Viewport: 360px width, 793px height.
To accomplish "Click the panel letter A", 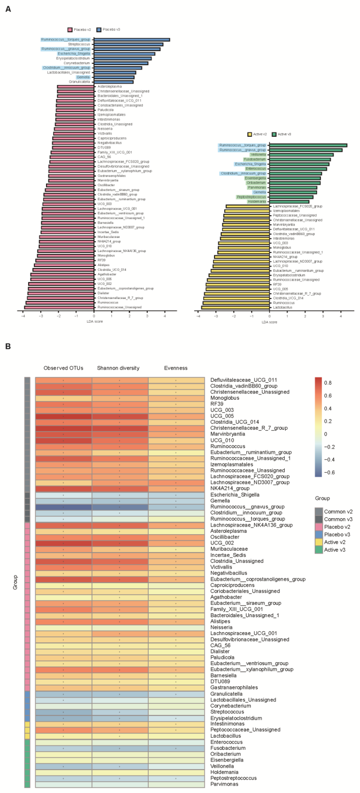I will tap(8, 9).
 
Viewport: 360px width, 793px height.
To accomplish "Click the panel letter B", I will tap(8, 346).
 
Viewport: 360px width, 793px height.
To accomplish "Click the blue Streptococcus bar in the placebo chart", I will tap(128, 44).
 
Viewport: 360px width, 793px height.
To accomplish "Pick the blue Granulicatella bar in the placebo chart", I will tap(114, 82).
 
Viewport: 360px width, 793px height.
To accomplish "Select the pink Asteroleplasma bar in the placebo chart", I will tap(76, 86).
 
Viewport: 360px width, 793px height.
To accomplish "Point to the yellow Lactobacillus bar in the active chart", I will tap(235, 307).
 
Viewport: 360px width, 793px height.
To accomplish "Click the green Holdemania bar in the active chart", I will tap(289, 202).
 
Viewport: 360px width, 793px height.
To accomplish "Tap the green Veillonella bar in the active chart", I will tap(301, 155).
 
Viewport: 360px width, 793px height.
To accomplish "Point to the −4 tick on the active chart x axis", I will tap(198, 316).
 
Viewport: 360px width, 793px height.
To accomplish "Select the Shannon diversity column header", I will tap(118, 368).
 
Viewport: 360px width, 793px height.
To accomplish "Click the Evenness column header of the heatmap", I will tap(176, 368).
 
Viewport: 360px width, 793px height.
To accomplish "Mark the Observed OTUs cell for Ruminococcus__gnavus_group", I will tap(63, 507).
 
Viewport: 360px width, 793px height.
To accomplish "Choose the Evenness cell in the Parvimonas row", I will tap(176, 784).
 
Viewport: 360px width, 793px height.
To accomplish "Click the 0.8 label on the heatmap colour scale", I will tap(328, 383).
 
